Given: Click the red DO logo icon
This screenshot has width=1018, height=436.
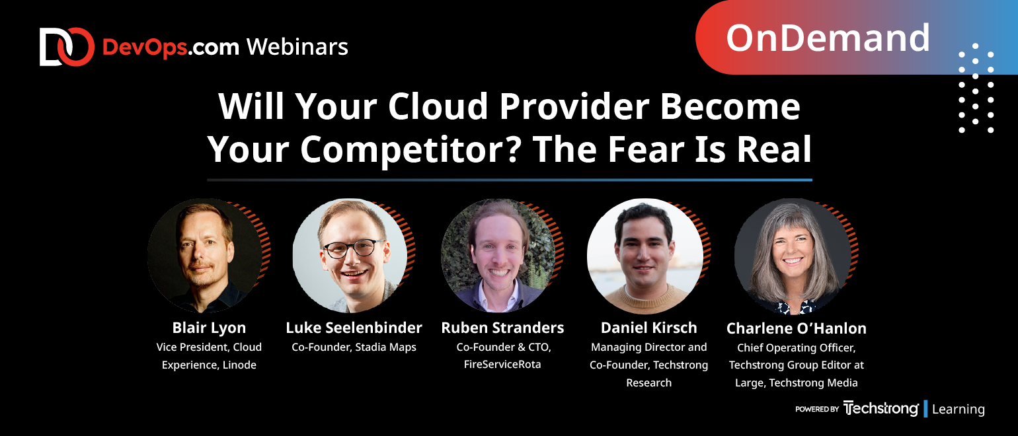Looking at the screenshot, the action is pos(67,47).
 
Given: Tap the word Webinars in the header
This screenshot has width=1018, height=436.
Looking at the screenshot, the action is pos(297,47).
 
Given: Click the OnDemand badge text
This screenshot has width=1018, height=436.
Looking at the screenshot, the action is pos(828,38).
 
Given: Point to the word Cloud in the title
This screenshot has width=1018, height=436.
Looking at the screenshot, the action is pos(438,106).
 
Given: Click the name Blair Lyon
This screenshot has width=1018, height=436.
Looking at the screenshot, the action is pos(209,328).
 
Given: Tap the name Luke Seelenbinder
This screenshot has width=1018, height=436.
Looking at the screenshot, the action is pos(354,328).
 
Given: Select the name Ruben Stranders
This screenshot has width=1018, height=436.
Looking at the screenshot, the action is pos(502,328).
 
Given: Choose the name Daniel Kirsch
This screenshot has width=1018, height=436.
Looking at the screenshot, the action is pos(649,328).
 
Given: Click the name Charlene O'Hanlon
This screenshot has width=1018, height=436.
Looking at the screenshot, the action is pos(796,328).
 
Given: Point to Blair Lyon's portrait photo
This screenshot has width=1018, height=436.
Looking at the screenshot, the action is pos(206,255).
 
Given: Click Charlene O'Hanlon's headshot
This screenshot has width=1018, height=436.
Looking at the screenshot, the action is pos(793,256).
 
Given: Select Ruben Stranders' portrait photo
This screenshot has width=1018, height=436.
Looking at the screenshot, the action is pos(498,255).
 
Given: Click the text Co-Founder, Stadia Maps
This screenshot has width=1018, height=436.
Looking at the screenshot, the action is pos(354,347).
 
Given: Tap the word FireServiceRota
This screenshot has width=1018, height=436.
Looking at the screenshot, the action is pos(502,365).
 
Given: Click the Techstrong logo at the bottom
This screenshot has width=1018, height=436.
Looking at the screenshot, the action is pos(881,409).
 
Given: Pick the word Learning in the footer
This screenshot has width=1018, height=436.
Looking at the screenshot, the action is pos(959,409).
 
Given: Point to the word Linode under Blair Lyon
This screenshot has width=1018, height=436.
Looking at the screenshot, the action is pos(239,365).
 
